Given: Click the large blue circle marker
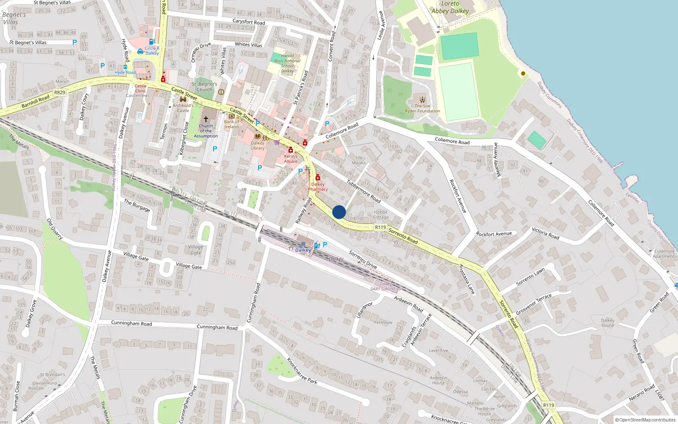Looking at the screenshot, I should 339,212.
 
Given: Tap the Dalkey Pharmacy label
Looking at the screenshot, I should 318,187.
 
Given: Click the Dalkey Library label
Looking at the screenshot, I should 258,145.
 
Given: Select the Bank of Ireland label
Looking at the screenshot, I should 231,124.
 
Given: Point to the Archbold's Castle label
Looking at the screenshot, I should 183,108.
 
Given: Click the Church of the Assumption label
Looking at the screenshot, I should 206,131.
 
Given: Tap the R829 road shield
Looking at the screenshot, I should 60,92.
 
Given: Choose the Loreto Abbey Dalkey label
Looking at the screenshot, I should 450,7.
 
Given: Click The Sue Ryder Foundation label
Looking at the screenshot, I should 422,109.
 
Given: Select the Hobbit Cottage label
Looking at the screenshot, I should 381,215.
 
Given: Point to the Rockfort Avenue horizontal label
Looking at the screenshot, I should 494,234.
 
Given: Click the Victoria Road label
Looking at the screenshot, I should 545,233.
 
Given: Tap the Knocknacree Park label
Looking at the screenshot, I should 302,371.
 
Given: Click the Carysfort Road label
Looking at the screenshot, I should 249,22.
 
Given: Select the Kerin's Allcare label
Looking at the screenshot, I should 291,159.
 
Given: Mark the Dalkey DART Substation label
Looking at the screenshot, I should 386,287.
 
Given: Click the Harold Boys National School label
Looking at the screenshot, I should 287,63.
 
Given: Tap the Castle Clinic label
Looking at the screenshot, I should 141,88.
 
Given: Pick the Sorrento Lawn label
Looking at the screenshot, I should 531,277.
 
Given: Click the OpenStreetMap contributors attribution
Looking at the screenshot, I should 645,420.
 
